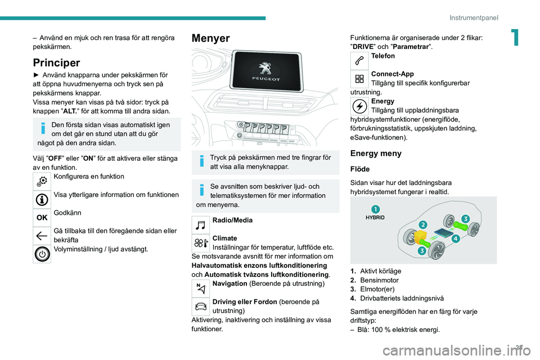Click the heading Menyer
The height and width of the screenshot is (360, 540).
click(211, 39)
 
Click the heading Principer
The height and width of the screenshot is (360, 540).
click(57, 62)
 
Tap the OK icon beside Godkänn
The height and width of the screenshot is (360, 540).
click(43, 217)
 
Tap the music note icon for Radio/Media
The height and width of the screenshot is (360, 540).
click(201, 225)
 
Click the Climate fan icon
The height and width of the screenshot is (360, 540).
click(201, 243)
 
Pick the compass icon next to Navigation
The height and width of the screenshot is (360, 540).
click(201, 289)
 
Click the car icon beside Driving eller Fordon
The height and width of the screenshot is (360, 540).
click(201, 306)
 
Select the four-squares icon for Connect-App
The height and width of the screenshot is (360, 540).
click(360, 79)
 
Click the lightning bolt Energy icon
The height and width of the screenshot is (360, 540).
click(360, 106)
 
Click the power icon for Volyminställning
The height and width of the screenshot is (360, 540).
click(43, 254)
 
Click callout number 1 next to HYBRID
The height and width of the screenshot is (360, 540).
click(375, 209)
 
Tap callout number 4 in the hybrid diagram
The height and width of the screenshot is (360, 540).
click(455, 238)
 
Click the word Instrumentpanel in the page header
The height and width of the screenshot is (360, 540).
click(474, 17)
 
